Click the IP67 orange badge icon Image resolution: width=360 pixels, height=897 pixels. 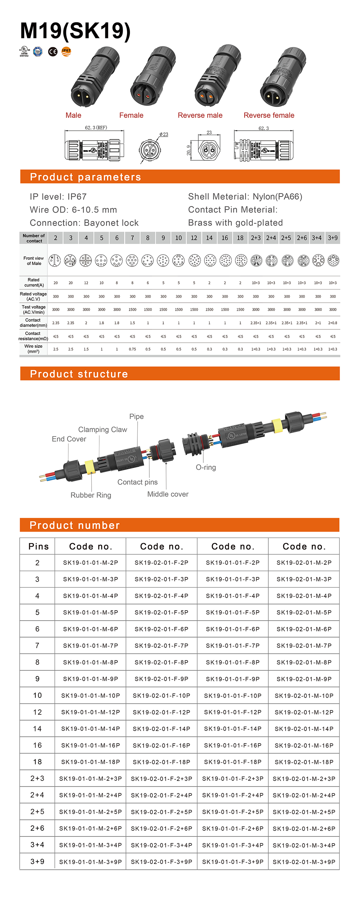[x=66, y=52]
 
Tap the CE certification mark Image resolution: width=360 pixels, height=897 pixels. [x=53, y=52]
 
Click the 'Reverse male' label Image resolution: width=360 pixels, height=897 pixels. [x=200, y=115]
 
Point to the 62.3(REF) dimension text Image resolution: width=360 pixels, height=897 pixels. [x=96, y=128]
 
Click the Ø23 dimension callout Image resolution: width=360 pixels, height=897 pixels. [x=164, y=134]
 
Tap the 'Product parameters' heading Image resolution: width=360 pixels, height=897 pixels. [x=85, y=177]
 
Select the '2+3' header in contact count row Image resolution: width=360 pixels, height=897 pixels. [x=256, y=238]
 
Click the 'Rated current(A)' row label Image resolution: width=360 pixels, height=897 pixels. [x=34, y=282]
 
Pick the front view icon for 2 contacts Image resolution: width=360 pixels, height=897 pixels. [x=55, y=260]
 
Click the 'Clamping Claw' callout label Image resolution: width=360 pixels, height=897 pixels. [x=103, y=430]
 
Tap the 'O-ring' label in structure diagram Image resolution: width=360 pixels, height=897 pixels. [x=206, y=467]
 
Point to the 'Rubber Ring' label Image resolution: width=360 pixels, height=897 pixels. [x=91, y=495]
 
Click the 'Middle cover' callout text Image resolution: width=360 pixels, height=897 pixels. [x=168, y=494]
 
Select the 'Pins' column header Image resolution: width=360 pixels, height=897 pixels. [x=38, y=546]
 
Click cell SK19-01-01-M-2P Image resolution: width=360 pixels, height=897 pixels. [x=91, y=563]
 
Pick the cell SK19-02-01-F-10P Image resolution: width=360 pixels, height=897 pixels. [x=162, y=696]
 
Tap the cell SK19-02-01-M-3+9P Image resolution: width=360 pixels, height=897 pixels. [x=304, y=862]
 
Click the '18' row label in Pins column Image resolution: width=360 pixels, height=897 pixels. [x=37, y=762]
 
